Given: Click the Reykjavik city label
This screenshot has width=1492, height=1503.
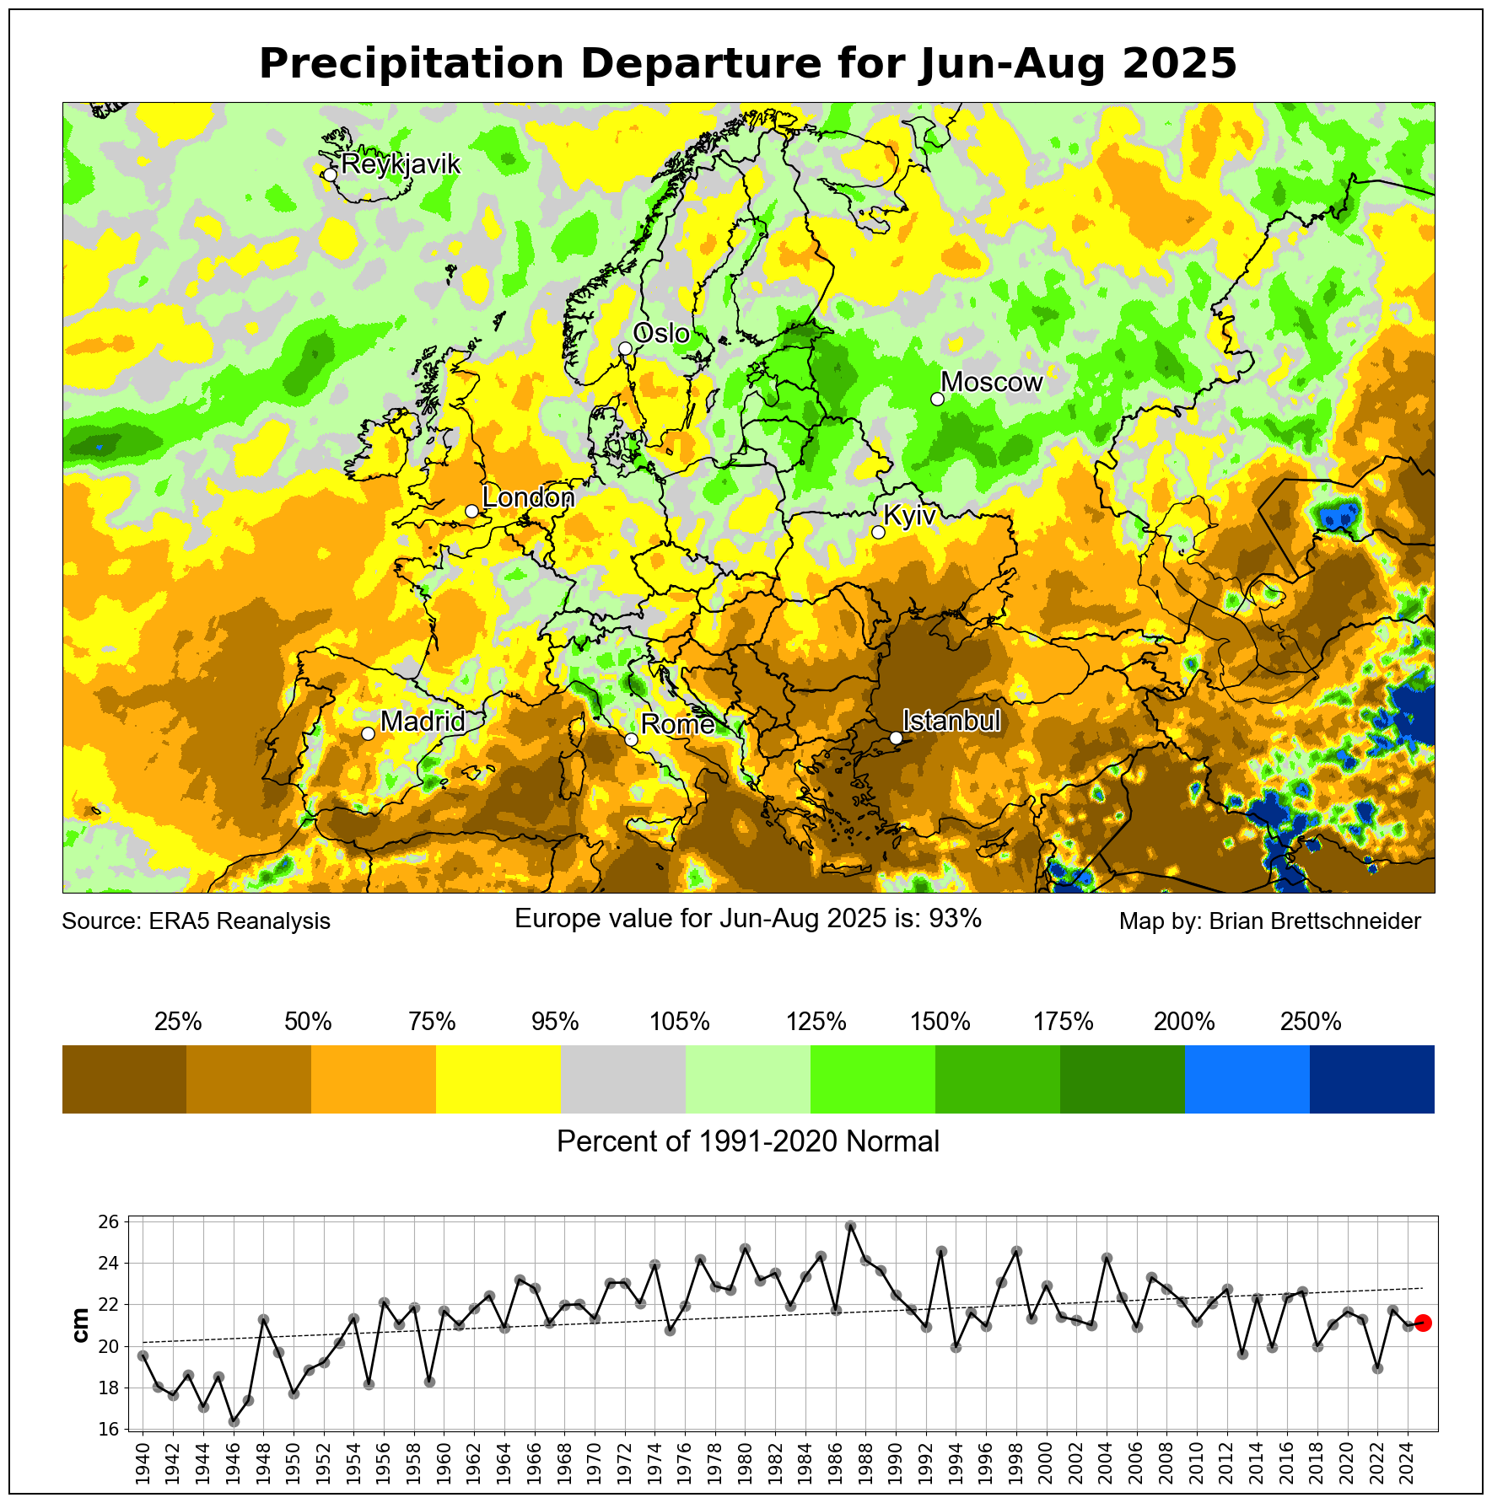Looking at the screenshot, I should click(401, 164).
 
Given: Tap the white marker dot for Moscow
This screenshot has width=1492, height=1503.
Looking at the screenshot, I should click(937, 399).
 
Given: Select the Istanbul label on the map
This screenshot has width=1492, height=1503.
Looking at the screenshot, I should click(951, 721).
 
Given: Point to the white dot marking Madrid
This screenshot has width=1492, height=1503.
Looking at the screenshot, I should click(368, 733).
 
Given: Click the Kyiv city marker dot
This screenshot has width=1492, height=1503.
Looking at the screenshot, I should click(878, 532).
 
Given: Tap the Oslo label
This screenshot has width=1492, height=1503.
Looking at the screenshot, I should click(661, 334).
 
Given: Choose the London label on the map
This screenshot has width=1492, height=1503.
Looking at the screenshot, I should click(528, 497).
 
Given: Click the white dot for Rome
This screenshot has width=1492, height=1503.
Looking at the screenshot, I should click(631, 739).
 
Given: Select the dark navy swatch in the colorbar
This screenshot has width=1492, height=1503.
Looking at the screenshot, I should click(1371, 1079).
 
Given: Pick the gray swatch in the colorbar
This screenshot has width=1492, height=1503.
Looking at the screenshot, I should click(623, 1079).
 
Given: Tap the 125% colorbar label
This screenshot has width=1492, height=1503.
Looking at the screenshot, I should click(816, 1023).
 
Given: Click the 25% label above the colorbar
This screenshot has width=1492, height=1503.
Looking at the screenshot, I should click(178, 1023).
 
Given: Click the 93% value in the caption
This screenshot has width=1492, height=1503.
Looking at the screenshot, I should click(955, 918).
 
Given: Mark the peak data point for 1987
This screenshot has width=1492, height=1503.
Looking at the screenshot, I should click(850, 1227).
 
